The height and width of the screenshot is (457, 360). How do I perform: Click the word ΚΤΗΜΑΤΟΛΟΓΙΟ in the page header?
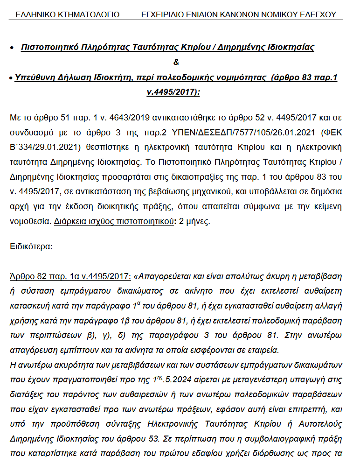click(87, 14)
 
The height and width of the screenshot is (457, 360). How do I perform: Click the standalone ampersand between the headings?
click(176, 62)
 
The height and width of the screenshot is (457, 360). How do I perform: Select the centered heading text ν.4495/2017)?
click(173, 92)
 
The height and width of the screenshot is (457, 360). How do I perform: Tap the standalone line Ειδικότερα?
click(31, 246)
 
